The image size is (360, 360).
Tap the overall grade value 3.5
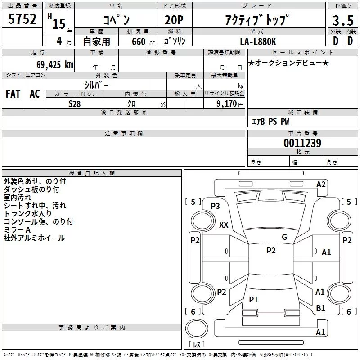[343, 21]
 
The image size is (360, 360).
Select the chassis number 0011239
[302, 144]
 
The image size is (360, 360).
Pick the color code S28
[75, 104]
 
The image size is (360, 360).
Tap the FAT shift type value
[13, 94]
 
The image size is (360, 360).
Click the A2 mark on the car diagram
[321, 184]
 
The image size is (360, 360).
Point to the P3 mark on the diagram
[215, 206]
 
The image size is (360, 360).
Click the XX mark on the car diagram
[223, 225]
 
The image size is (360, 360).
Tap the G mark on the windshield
[284, 237]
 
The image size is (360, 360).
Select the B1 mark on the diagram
[320, 308]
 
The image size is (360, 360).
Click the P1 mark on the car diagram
[254, 300]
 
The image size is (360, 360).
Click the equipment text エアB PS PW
[270, 121]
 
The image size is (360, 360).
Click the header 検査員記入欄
[92, 173]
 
